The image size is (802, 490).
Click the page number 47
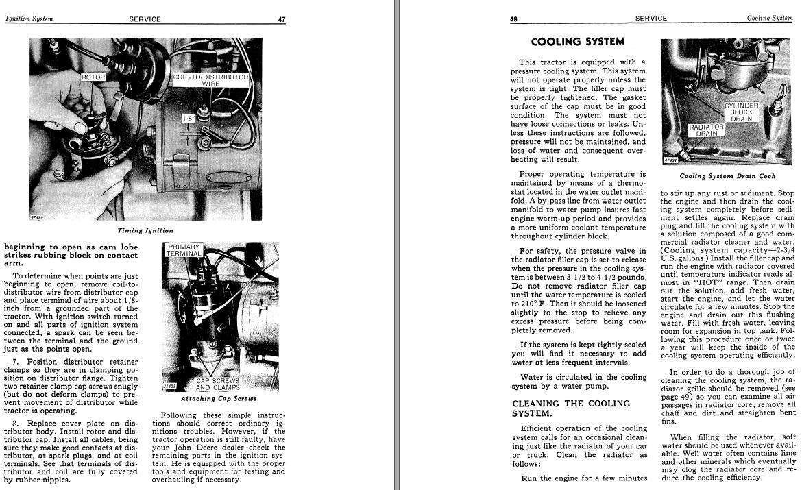[281, 19]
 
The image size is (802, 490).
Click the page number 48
[513, 19]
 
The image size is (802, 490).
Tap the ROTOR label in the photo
[94, 77]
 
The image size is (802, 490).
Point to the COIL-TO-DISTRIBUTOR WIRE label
[210, 81]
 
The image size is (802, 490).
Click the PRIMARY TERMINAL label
[184, 250]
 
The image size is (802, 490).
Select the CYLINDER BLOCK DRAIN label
[741, 112]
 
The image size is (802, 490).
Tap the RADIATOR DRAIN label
[706, 130]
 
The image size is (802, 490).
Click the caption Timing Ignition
[145, 231]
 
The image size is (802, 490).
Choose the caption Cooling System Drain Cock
[727, 176]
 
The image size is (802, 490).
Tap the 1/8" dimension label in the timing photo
[188, 119]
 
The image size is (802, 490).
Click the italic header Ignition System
[29, 19]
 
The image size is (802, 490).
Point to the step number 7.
[15, 360]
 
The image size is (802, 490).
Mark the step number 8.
[15, 423]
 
